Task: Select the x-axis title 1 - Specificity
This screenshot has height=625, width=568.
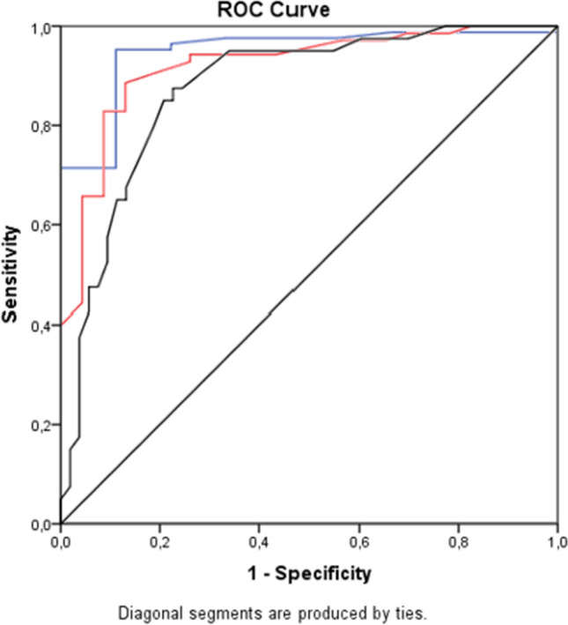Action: pyautogui.click(x=308, y=573)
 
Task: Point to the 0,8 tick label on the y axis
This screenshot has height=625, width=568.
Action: pyautogui.click(x=41, y=126)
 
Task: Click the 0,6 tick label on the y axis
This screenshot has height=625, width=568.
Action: pyautogui.click(x=41, y=226)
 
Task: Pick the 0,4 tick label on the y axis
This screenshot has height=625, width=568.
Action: pyautogui.click(x=41, y=325)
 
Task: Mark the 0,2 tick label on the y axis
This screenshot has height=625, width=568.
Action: pyautogui.click(x=41, y=425)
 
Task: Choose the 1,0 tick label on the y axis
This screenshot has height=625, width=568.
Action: pyautogui.click(x=41, y=27)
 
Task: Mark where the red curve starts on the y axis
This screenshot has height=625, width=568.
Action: pyautogui.click(x=61, y=324)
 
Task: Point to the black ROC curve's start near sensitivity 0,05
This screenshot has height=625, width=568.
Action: pyautogui.click(x=61, y=499)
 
